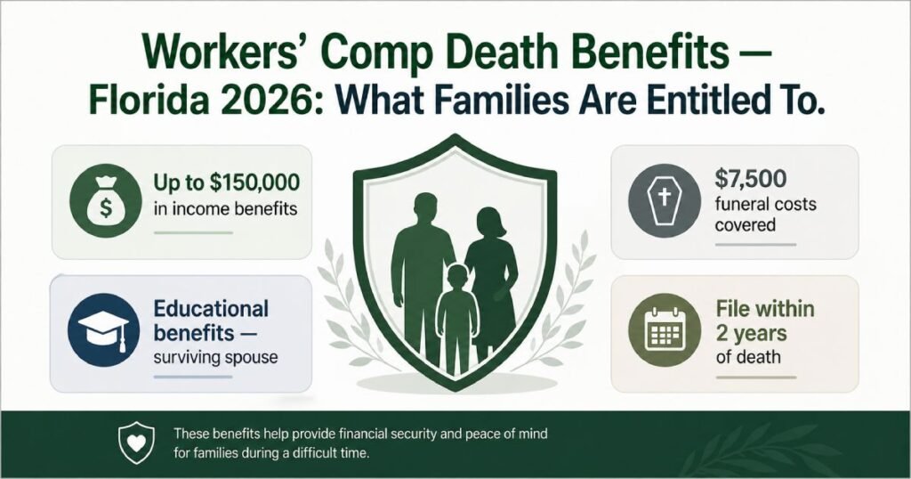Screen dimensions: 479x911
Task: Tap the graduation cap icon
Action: pyautogui.click(x=102, y=330)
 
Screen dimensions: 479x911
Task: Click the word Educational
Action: pyautogui.click(x=211, y=309)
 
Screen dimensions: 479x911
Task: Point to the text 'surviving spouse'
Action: pyautogui.click(x=216, y=358)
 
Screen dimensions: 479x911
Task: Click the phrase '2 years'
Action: pyautogui.click(x=750, y=334)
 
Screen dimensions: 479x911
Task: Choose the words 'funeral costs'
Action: pyautogui.click(x=766, y=205)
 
